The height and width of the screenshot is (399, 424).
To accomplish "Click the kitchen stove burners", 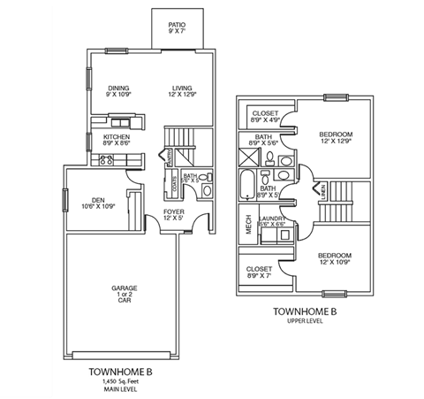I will coord(105,159).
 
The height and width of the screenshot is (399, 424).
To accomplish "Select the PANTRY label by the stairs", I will coord(166,157).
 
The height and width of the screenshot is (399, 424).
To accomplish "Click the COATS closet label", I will coord(175,184).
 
